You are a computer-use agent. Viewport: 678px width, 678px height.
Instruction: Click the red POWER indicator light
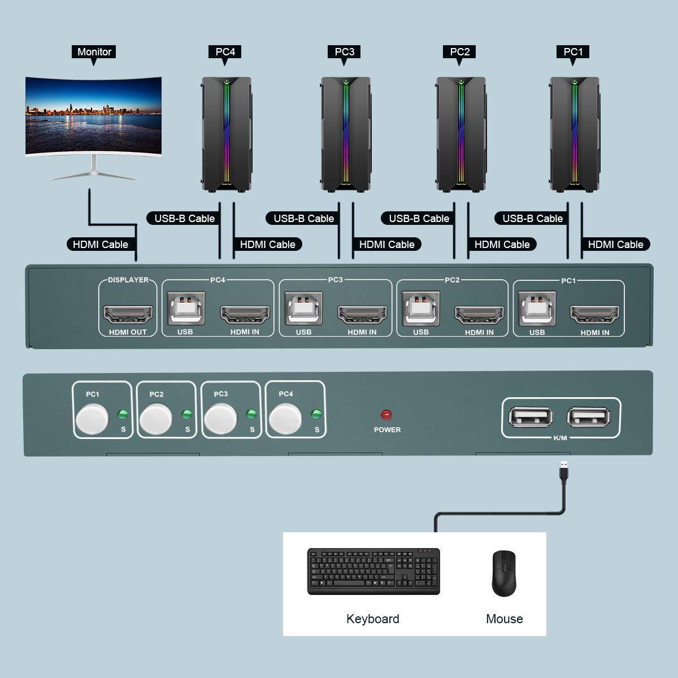(x=386, y=415)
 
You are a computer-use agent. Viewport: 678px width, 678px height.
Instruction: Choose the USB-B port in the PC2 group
(x=420, y=308)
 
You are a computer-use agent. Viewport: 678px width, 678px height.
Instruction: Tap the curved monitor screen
(x=94, y=116)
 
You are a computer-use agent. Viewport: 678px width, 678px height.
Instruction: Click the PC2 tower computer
(x=460, y=134)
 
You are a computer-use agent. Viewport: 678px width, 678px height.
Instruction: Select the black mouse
(x=504, y=573)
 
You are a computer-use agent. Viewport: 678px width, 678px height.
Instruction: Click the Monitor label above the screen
(x=94, y=52)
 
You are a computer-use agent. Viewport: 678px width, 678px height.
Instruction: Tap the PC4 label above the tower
(x=225, y=52)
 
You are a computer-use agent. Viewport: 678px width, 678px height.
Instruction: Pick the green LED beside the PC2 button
(x=186, y=415)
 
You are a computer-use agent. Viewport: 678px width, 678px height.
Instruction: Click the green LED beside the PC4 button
(x=315, y=415)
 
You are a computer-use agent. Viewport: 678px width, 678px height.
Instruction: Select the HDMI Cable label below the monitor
(x=101, y=244)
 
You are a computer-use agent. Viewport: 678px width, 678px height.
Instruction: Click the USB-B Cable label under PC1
(x=532, y=218)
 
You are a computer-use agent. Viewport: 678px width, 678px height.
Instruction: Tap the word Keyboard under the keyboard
(x=373, y=619)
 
